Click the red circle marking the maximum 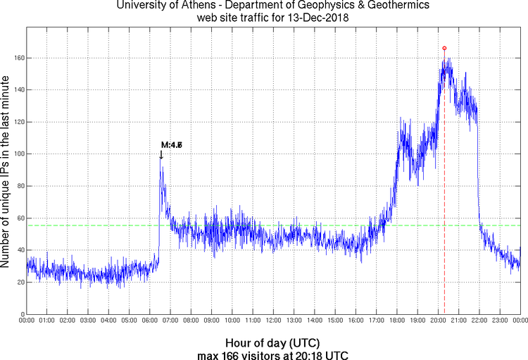click(x=444, y=48)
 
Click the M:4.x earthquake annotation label click(x=172, y=145)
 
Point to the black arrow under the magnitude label click(x=161, y=155)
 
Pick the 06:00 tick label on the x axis click(x=149, y=321)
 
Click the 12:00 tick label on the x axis click(x=273, y=321)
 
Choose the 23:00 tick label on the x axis click(x=499, y=321)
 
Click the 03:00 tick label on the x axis click(x=88, y=321)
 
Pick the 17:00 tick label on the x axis click(x=376, y=321)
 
